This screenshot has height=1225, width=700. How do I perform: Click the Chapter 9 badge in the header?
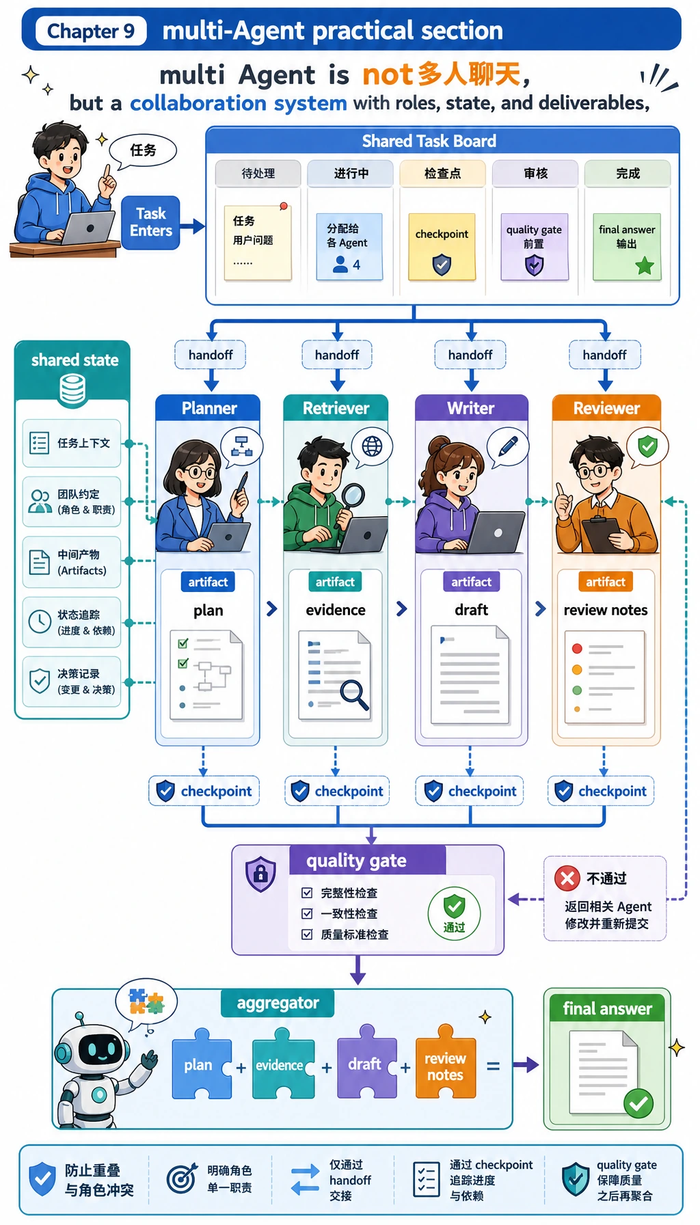[x=91, y=31]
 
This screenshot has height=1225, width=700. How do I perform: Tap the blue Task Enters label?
[x=150, y=222]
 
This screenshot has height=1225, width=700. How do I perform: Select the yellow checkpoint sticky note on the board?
[x=442, y=247]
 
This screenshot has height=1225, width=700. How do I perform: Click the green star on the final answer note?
[x=645, y=266]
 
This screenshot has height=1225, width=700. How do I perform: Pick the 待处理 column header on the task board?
[x=258, y=174]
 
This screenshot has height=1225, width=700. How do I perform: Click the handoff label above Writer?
[x=470, y=355]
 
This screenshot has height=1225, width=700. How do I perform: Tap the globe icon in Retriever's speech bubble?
[x=372, y=446]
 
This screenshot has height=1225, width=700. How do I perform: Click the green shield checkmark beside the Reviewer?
[x=647, y=446]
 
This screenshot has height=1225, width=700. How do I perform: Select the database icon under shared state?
[x=72, y=390]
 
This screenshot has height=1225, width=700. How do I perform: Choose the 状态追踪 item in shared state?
[x=72, y=622]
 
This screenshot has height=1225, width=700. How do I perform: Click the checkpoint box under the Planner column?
[x=204, y=791]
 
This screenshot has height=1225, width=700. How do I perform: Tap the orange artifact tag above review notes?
[x=606, y=582]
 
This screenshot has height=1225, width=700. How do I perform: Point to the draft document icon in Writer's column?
[x=470, y=675]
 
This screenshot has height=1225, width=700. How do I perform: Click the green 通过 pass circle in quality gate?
[x=454, y=913]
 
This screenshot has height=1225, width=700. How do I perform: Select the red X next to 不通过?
[x=567, y=878]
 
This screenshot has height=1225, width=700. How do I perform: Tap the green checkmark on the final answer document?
[x=638, y=1103]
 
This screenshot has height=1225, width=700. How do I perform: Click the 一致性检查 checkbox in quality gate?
[x=307, y=913]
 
